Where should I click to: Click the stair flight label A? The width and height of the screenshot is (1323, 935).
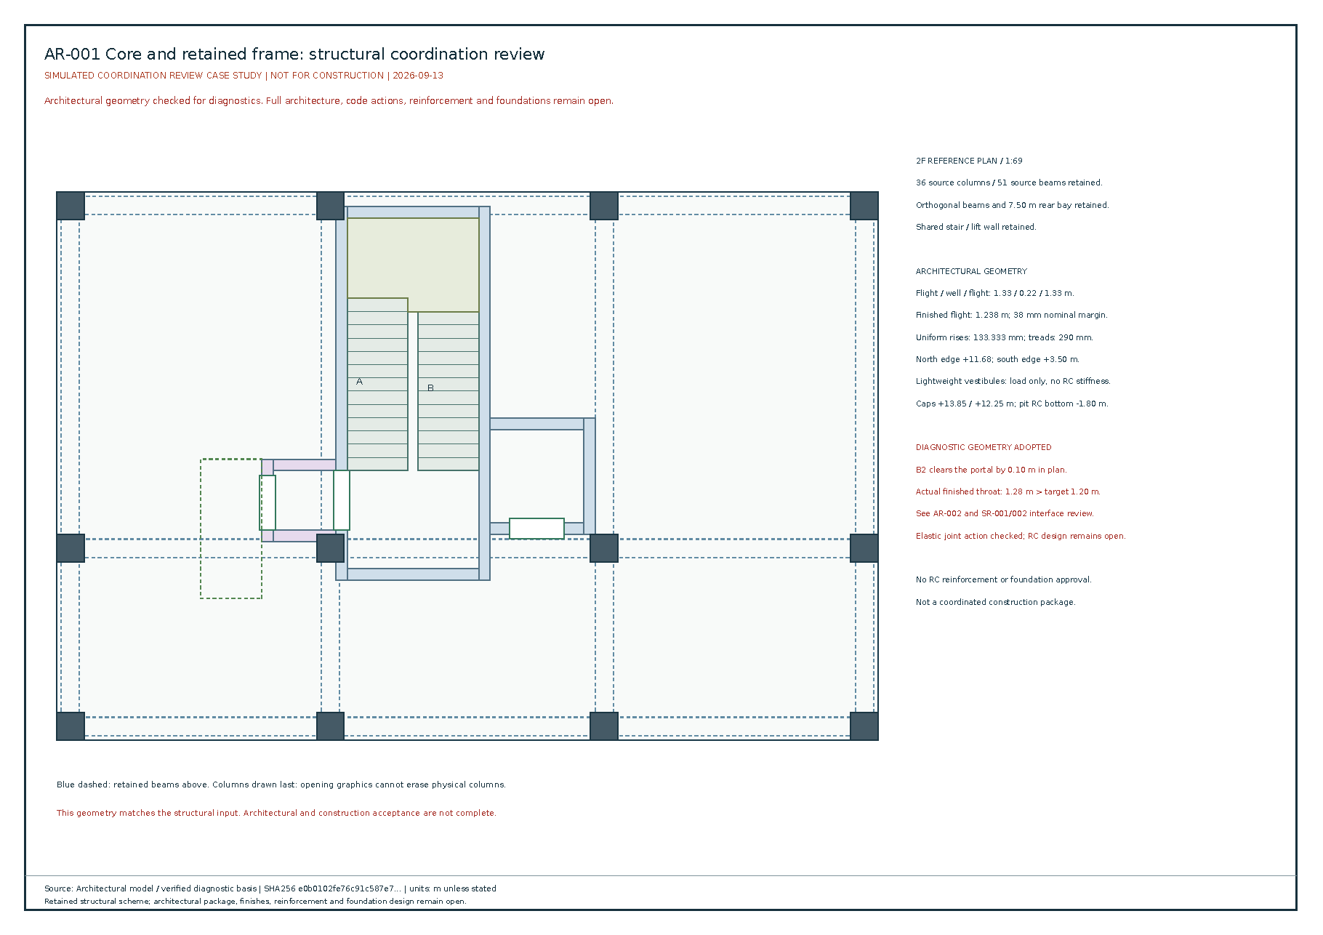pyautogui.click(x=359, y=382)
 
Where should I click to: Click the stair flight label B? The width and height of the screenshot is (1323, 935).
pyautogui.click(x=430, y=388)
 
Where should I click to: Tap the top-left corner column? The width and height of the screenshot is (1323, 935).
pyautogui.click(x=71, y=206)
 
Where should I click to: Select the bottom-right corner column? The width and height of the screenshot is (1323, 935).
pyautogui.click(x=864, y=726)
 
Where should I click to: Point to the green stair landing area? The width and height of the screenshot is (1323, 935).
pyautogui.click(x=413, y=262)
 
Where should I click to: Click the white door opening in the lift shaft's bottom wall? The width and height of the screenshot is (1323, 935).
pyautogui.click(x=536, y=529)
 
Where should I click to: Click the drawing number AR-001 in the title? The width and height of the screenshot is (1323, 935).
pyautogui.click(x=72, y=55)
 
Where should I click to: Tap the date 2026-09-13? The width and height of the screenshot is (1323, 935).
pyautogui.click(x=418, y=76)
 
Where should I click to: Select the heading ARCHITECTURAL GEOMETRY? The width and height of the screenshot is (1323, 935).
pyautogui.click(x=971, y=271)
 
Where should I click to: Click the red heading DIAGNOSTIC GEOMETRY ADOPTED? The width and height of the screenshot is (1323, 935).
pyautogui.click(x=984, y=447)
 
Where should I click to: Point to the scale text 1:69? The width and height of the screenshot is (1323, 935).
pyautogui.click(x=1014, y=161)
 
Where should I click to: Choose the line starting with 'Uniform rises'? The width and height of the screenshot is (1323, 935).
pyautogui.click(x=1005, y=337)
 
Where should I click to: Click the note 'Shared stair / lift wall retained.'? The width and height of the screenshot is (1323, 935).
pyautogui.click(x=976, y=227)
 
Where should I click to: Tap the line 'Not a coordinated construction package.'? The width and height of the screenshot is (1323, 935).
pyautogui.click(x=996, y=602)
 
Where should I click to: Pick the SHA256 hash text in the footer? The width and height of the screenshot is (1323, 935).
pyautogui.click(x=331, y=888)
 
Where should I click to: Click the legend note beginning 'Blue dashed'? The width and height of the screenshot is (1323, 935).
pyautogui.click(x=281, y=784)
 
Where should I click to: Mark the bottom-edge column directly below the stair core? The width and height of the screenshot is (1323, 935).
pyautogui.click(x=330, y=726)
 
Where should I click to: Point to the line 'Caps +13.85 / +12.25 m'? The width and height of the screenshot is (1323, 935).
pyautogui.click(x=1012, y=404)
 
